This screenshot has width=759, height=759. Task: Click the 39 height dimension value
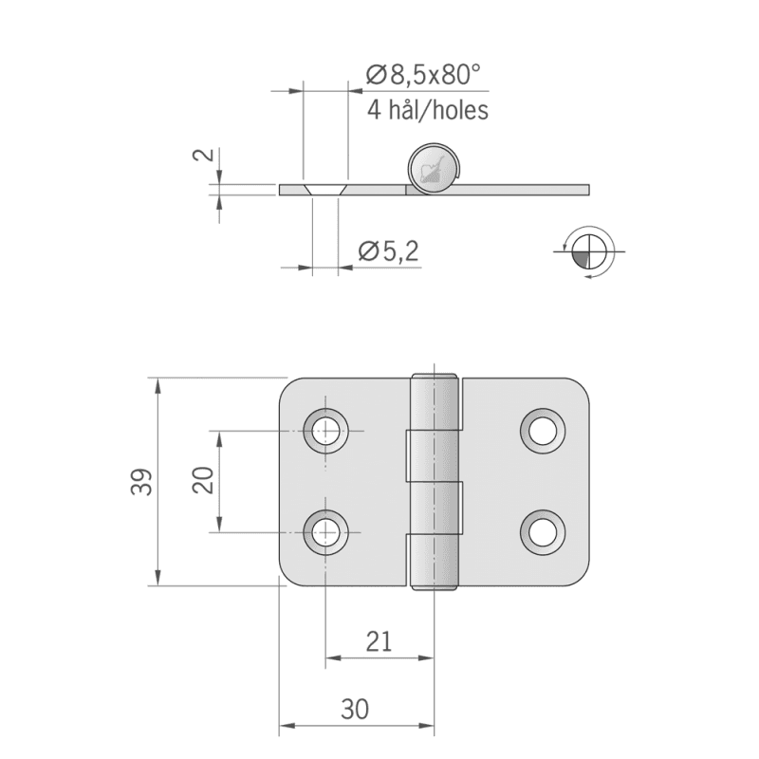point(141,482)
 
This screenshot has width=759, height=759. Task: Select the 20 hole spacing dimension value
point(203,480)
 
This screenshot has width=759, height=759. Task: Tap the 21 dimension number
point(379,642)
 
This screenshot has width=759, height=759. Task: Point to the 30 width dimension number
point(355,710)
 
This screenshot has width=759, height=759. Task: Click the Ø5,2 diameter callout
point(388,251)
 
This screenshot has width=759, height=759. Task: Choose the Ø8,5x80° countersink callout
point(423,75)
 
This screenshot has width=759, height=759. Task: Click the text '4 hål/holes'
point(428,110)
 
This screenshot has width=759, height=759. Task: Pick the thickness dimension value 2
point(204,155)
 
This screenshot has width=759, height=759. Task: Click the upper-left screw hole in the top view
point(325,431)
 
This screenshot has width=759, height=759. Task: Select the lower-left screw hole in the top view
point(325,532)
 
